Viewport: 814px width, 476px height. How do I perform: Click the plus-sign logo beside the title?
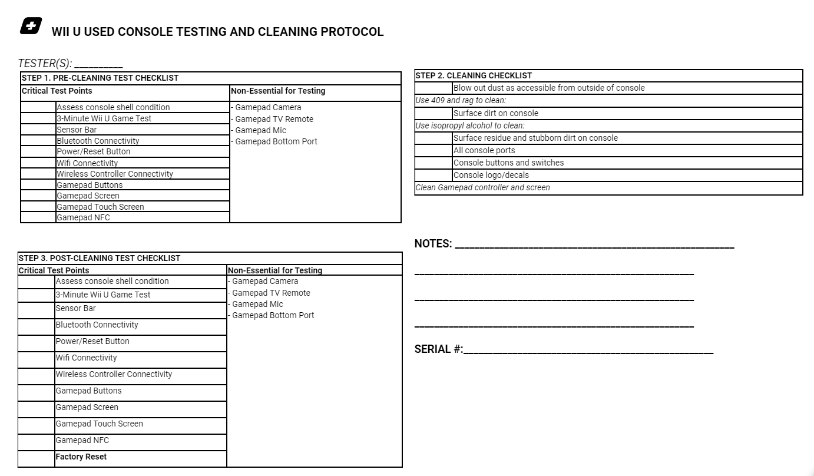point(31,27)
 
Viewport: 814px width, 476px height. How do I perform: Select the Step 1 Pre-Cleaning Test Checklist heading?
point(100,78)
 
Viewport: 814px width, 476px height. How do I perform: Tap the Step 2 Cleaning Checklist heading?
point(474,75)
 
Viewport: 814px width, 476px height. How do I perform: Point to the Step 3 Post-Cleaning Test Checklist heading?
point(100,258)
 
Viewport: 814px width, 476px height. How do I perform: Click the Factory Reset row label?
point(81,457)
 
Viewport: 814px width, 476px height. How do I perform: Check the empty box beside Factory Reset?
point(37,459)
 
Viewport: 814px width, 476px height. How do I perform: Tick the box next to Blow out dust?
point(434,88)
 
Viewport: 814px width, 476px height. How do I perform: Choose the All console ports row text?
point(484,150)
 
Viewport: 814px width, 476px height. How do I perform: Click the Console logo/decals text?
point(491,175)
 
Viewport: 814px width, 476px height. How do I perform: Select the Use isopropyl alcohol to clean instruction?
point(470,125)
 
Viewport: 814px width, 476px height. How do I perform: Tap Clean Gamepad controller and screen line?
point(483,187)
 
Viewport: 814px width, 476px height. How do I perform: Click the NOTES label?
point(433,244)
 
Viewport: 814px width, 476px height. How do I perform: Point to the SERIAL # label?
point(439,349)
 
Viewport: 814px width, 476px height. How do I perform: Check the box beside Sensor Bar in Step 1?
point(38,130)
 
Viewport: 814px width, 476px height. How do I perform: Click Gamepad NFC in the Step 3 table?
point(82,441)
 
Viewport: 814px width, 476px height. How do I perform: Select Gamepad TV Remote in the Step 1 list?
point(274,119)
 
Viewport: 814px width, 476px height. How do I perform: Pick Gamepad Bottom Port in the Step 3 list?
point(273,315)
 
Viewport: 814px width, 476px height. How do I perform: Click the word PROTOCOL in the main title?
point(352,32)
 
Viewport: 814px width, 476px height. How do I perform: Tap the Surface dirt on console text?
point(496,113)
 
